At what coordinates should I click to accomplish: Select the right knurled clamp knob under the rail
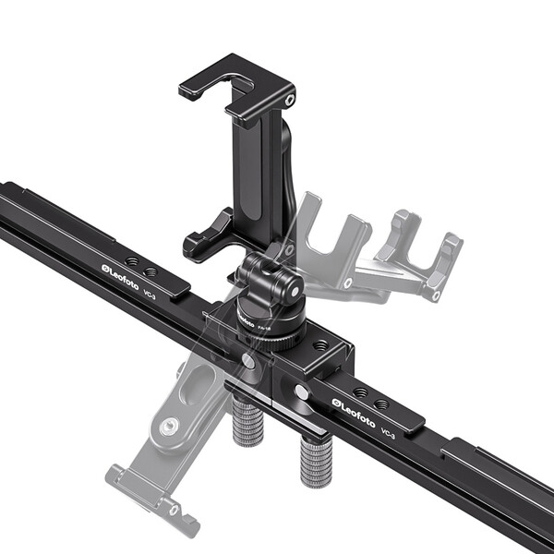[315, 462]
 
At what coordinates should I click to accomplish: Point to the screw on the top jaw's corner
[290, 99]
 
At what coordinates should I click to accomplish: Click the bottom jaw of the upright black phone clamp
[210, 238]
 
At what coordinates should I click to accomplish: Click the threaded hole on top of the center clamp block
[319, 344]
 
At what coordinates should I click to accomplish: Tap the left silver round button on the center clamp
[248, 361]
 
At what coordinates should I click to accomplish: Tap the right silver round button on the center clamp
[302, 391]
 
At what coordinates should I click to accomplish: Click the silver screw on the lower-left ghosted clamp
[170, 427]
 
